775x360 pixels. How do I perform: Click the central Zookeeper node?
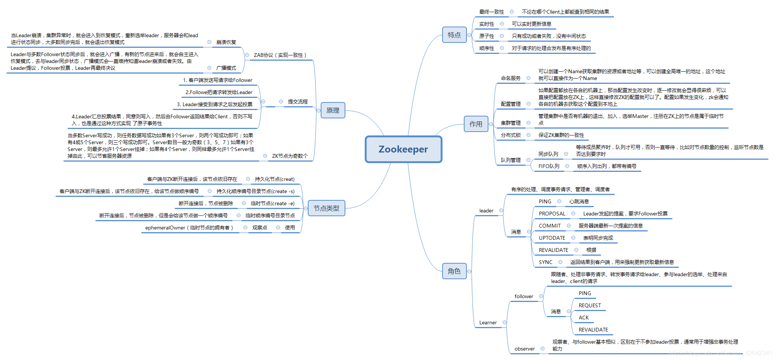pyautogui.click(x=403, y=149)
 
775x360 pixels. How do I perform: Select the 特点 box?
pyautogui.click(x=454, y=35)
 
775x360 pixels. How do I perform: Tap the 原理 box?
pyautogui.click(x=333, y=110)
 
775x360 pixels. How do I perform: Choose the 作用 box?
pyautogui.click(x=476, y=124)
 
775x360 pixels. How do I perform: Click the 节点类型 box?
pyautogui.click(x=326, y=208)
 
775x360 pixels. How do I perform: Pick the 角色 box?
pyautogui.click(x=454, y=271)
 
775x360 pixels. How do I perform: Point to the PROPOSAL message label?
pyautogui.click(x=552, y=214)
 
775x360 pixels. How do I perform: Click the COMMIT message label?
pyautogui.click(x=550, y=226)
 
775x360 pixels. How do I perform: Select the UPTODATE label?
pyautogui.click(x=552, y=238)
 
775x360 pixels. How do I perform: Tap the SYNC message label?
pyautogui.click(x=545, y=262)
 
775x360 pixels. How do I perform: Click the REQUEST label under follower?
pyautogui.click(x=589, y=305)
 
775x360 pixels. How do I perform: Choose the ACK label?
pyautogui.click(x=584, y=318)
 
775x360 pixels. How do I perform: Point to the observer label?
pyautogui.click(x=525, y=349)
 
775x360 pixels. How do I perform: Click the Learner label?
pyautogui.click(x=488, y=322)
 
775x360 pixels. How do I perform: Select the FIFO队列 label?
pyautogui.click(x=549, y=166)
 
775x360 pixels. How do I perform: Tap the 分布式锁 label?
pyautogui.click(x=510, y=135)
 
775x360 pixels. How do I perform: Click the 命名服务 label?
pyautogui.click(x=510, y=78)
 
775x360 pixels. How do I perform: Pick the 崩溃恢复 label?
pyautogui.click(x=226, y=42)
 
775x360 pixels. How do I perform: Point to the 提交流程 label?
pyautogui.click(x=298, y=102)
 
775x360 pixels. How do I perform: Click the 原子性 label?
pyautogui.click(x=487, y=36)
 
